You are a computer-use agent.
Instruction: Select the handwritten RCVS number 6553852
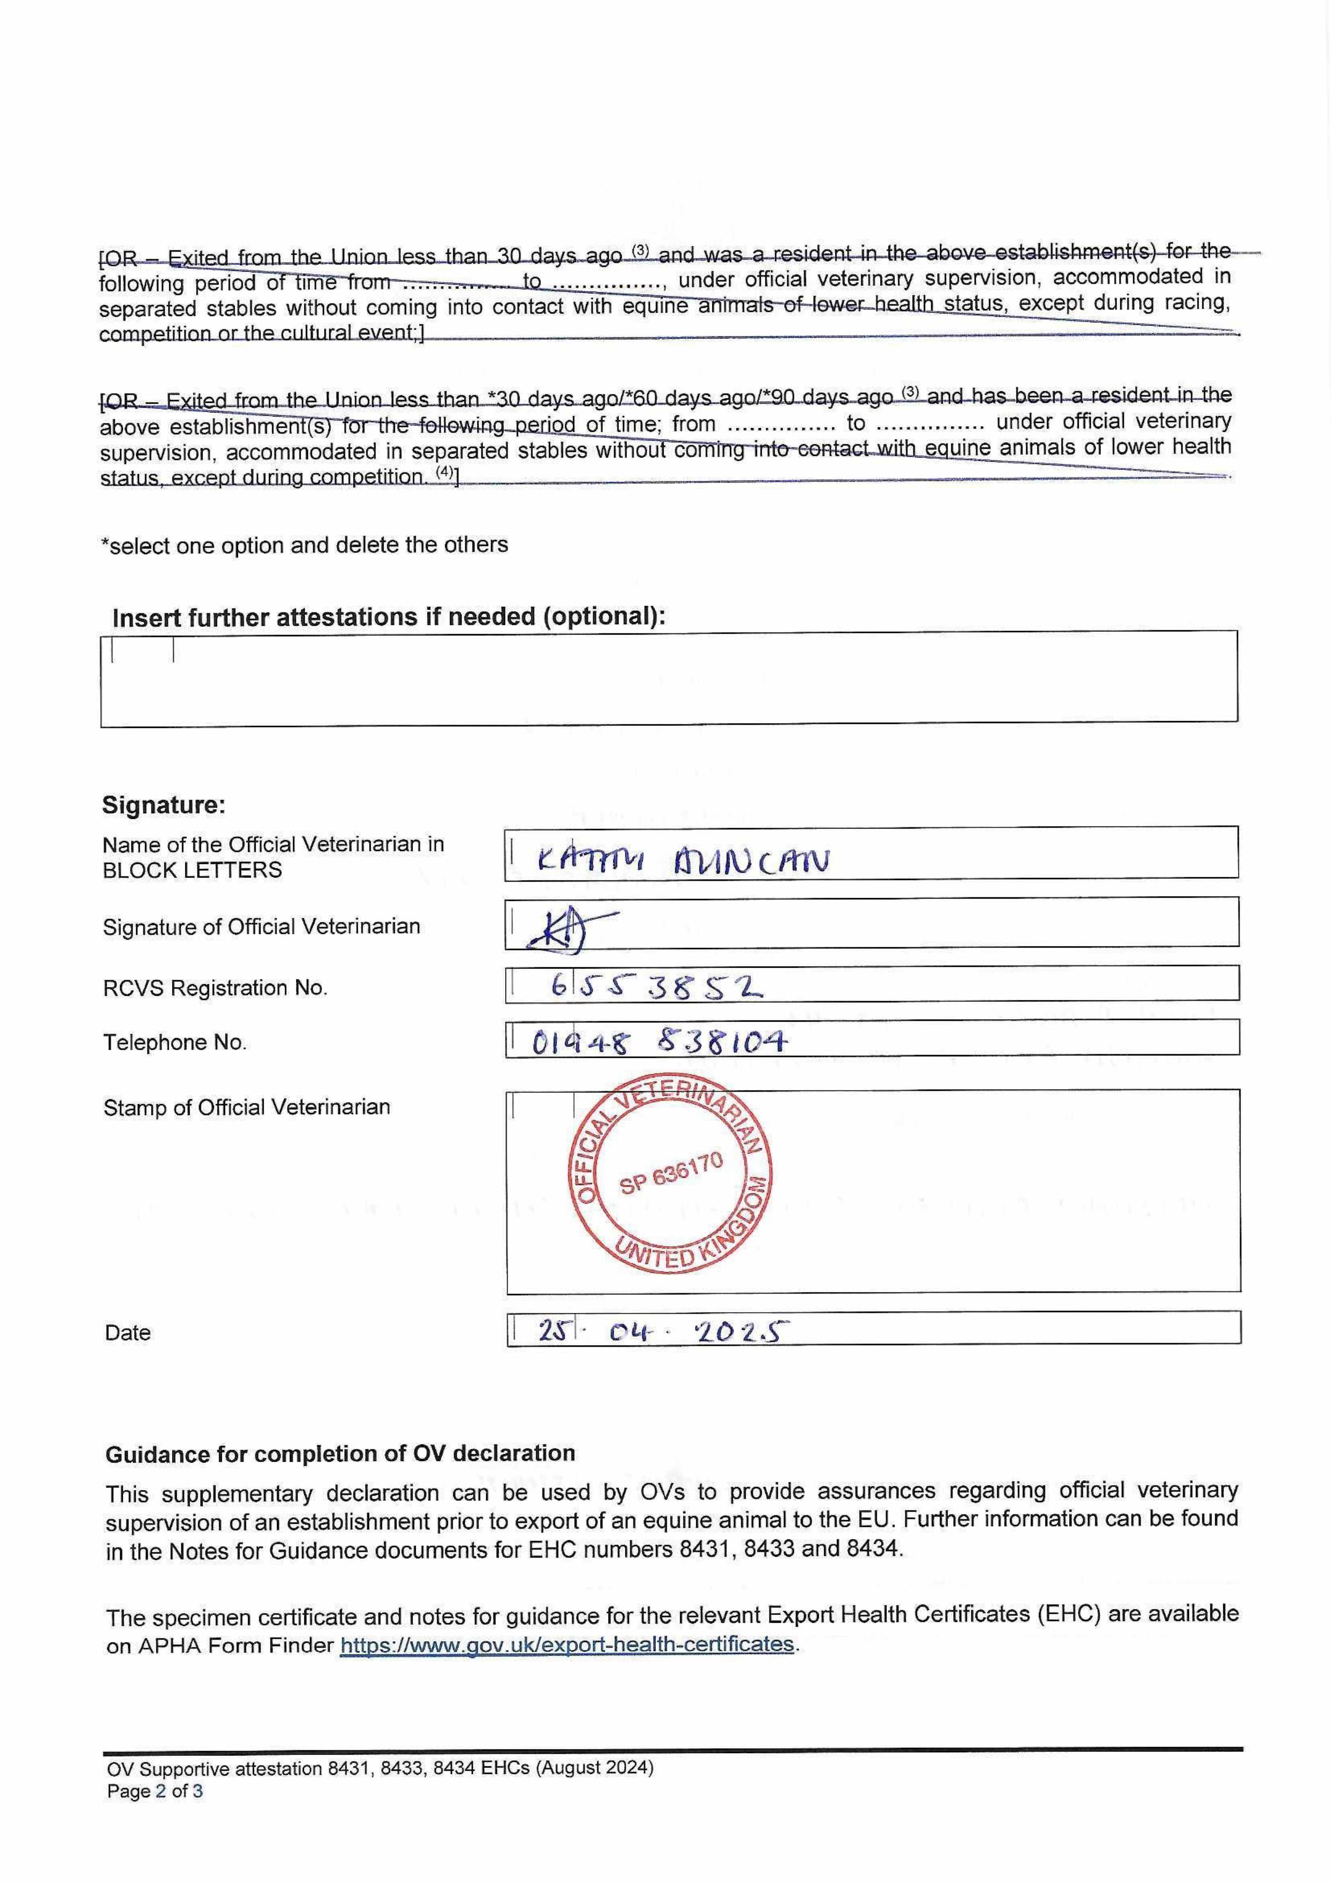tap(656, 987)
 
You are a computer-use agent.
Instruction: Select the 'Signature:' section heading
tap(163, 805)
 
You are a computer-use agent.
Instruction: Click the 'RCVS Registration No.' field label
tap(215, 988)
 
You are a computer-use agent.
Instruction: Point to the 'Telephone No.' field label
tap(175, 1042)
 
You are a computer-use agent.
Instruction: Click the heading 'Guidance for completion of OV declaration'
tap(339, 1453)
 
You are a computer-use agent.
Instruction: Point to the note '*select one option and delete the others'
tap(304, 545)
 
